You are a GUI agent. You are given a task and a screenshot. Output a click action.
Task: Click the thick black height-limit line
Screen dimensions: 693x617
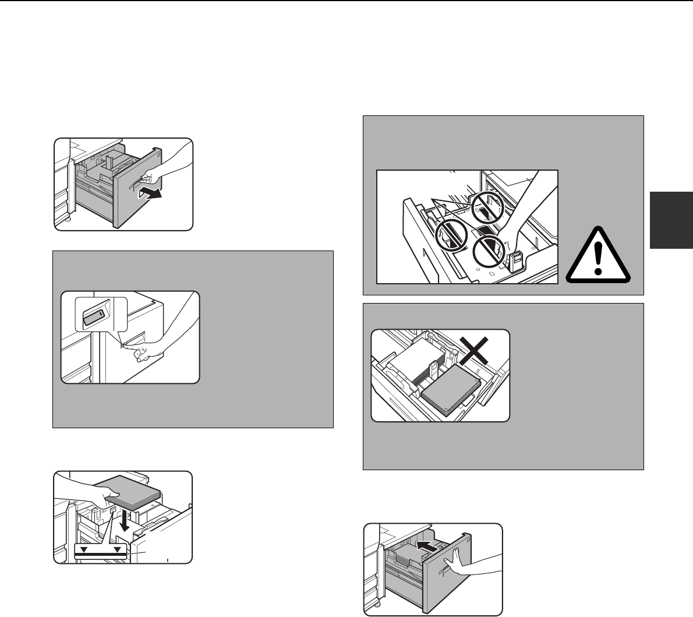[101, 555]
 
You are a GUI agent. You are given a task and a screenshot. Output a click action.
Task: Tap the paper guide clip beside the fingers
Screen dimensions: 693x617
[514, 262]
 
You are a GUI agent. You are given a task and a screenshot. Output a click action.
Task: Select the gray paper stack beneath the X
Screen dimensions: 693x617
[451, 393]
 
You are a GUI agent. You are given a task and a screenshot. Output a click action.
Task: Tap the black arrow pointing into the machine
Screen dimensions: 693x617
[427, 547]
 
